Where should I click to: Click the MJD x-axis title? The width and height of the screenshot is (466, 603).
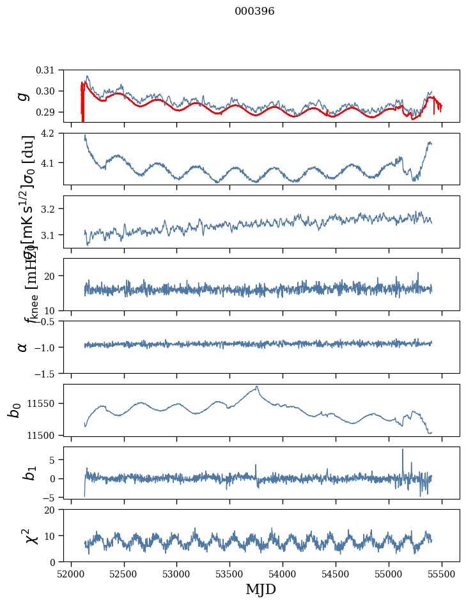pyautogui.click(x=261, y=589)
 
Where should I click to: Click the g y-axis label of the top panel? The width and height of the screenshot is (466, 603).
pyautogui.click(x=23, y=96)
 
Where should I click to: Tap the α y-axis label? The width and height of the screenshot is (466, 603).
pyautogui.click(x=23, y=347)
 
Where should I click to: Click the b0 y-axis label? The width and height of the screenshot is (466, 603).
pyautogui.click(x=14, y=409)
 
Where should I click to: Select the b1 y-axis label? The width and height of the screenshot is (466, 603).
pyautogui.click(x=29, y=472)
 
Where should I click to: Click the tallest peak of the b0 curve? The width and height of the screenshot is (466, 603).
pyautogui.click(x=257, y=386)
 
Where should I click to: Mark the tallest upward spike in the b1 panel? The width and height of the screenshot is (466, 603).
pyautogui.click(x=403, y=449)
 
